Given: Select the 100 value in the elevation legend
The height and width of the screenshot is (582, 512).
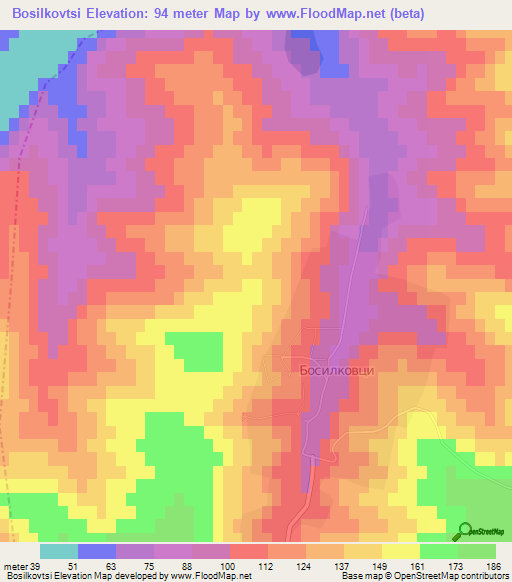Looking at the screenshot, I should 229,566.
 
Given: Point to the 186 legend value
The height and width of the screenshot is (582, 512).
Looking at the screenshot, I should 493,566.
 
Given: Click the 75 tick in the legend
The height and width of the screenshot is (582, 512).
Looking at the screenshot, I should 153,566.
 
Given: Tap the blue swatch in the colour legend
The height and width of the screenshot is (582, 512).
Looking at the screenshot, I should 97,551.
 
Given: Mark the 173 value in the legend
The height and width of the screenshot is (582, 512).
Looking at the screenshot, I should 455,566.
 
